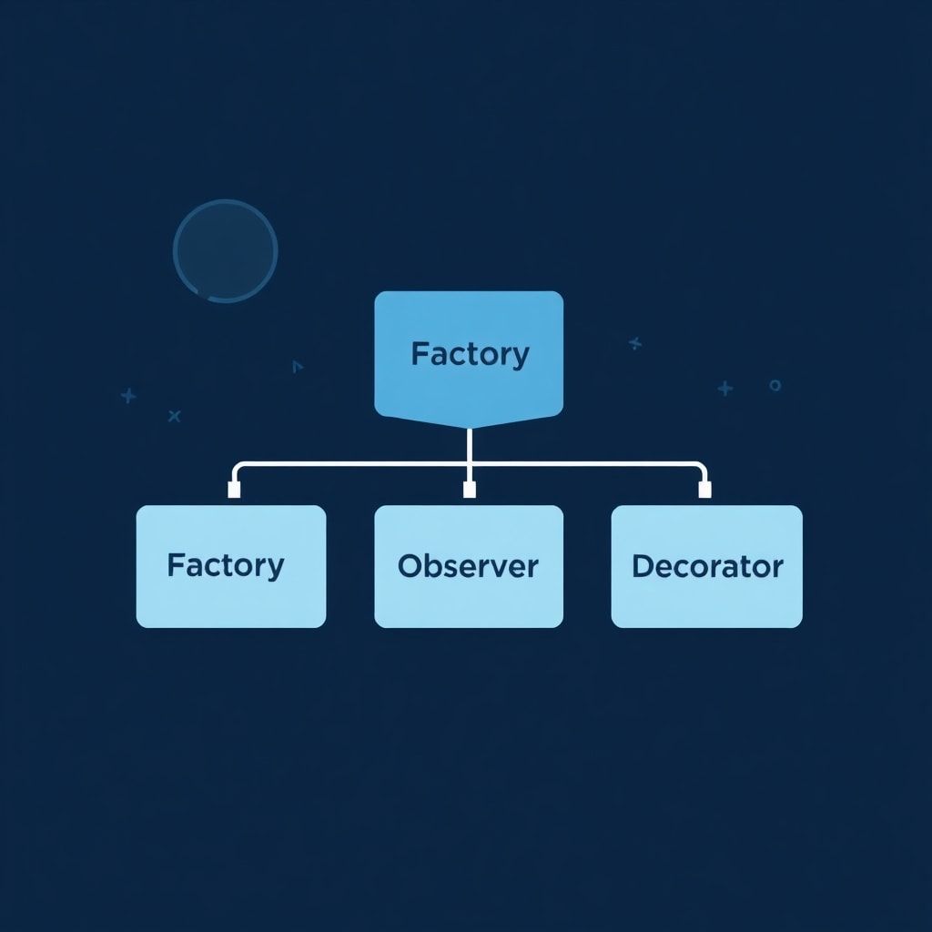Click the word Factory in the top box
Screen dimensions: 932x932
(x=469, y=354)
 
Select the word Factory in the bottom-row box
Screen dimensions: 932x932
(x=225, y=566)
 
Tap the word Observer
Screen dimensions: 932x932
(x=468, y=566)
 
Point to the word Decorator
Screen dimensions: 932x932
(x=707, y=566)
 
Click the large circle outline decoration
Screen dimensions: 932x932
(x=225, y=250)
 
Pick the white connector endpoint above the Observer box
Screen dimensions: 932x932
(x=470, y=491)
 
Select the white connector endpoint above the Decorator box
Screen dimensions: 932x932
(x=704, y=491)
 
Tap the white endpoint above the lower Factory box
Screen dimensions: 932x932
(x=234, y=491)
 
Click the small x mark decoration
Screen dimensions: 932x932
(x=175, y=416)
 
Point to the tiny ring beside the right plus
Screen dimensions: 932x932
(x=775, y=385)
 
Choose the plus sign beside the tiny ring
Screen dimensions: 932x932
(x=724, y=389)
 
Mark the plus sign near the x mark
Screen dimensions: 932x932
(x=128, y=396)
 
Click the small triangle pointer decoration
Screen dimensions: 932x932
(x=297, y=367)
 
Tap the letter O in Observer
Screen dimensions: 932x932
(x=410, y=566)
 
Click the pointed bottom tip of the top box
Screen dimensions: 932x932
(x=469, y=426)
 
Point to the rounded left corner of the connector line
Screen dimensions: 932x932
(x=238, y=468)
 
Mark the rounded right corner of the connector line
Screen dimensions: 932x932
(x=701, y=468)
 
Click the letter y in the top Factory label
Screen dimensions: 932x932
(x=520, y=358)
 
